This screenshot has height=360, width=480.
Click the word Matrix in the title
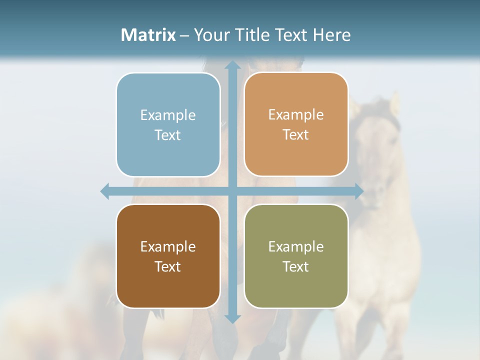(148, 35)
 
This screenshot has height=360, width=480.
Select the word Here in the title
(332, 35)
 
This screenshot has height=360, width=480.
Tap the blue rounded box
(168, 125)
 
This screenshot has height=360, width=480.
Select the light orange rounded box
(296, 125)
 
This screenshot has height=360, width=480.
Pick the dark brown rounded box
(168, 256)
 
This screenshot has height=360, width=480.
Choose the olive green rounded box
(296, 256)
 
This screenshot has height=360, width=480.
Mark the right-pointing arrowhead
(359, 191)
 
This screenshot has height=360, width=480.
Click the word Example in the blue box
(168, 115)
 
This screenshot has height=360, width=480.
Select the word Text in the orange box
(296, 135)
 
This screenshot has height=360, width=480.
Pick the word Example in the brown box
(168, 246)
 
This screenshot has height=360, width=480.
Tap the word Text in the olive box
(296, 266)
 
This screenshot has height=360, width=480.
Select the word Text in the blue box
(168, 135)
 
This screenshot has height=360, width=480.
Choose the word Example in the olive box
(296, 246)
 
